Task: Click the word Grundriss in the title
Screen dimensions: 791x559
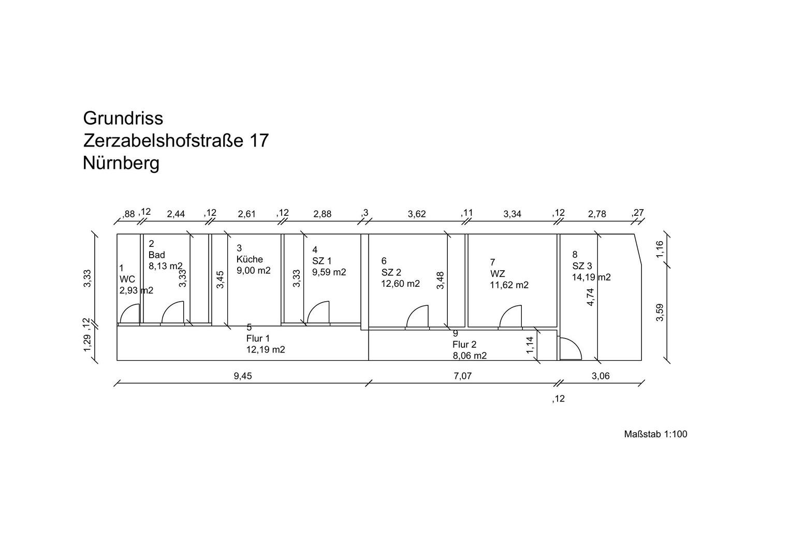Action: [123, 119]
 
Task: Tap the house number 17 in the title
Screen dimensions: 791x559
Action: [259, 141]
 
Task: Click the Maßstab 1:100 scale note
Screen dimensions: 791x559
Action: [655, 434]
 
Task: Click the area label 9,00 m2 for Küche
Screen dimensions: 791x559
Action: [254, 271]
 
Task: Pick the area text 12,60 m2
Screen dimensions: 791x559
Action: [401, 284]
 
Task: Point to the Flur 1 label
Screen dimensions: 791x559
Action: [258, 339]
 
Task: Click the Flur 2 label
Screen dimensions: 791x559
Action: [465, 344]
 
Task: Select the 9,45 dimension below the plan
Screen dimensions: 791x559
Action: [243, 376]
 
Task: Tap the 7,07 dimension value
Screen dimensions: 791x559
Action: [463, 376]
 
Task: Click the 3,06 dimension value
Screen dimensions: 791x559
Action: [600, 376]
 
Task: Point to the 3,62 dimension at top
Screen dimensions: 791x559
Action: [417, 214]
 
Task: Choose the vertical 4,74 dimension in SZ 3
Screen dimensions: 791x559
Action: [590, 297]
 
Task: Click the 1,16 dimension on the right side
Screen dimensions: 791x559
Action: [660, 249]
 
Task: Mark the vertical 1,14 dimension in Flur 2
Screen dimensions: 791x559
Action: [530, 345]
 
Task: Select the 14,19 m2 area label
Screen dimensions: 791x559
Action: [592, 277]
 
